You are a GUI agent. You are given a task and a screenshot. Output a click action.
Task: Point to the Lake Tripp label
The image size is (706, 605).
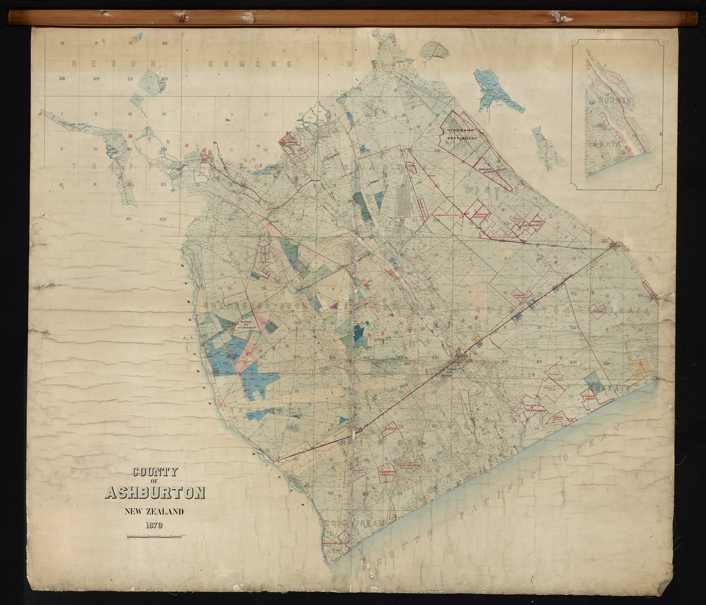coord(77,124)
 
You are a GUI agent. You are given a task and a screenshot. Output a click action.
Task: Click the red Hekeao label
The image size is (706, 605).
coord(261,263)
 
